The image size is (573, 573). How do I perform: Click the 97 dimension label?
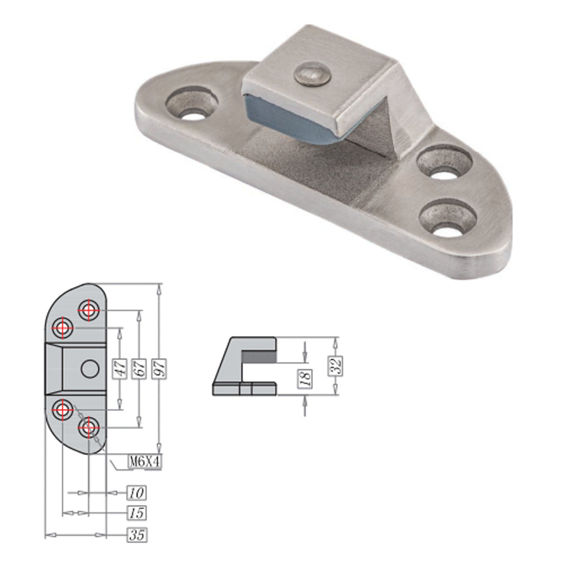click(x=160, y=369)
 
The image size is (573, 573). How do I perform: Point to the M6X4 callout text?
click(x=145, y=462)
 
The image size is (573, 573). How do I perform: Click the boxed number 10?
click(x=137, y=493)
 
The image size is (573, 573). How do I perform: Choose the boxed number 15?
click(x=137, y=513)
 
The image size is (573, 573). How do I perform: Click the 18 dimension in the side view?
click(x=306, y=378)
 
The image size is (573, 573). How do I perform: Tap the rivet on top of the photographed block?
click(x=312, y=74)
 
